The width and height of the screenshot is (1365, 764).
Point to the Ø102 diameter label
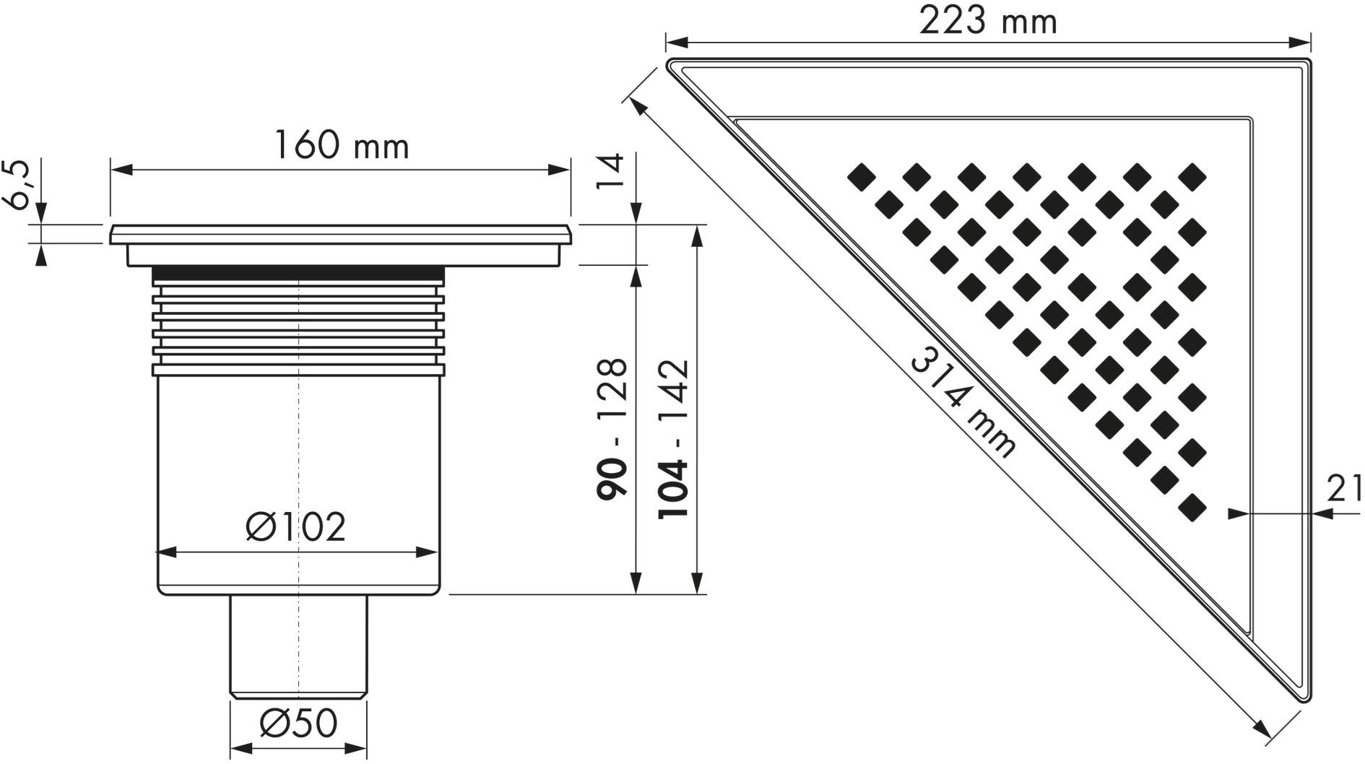pyautogui.click(x=296, y=526)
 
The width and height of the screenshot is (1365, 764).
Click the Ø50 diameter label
pyautogui.click(x=298, y=723)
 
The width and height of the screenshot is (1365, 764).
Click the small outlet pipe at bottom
pyautogui.click(x=298, y=645)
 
